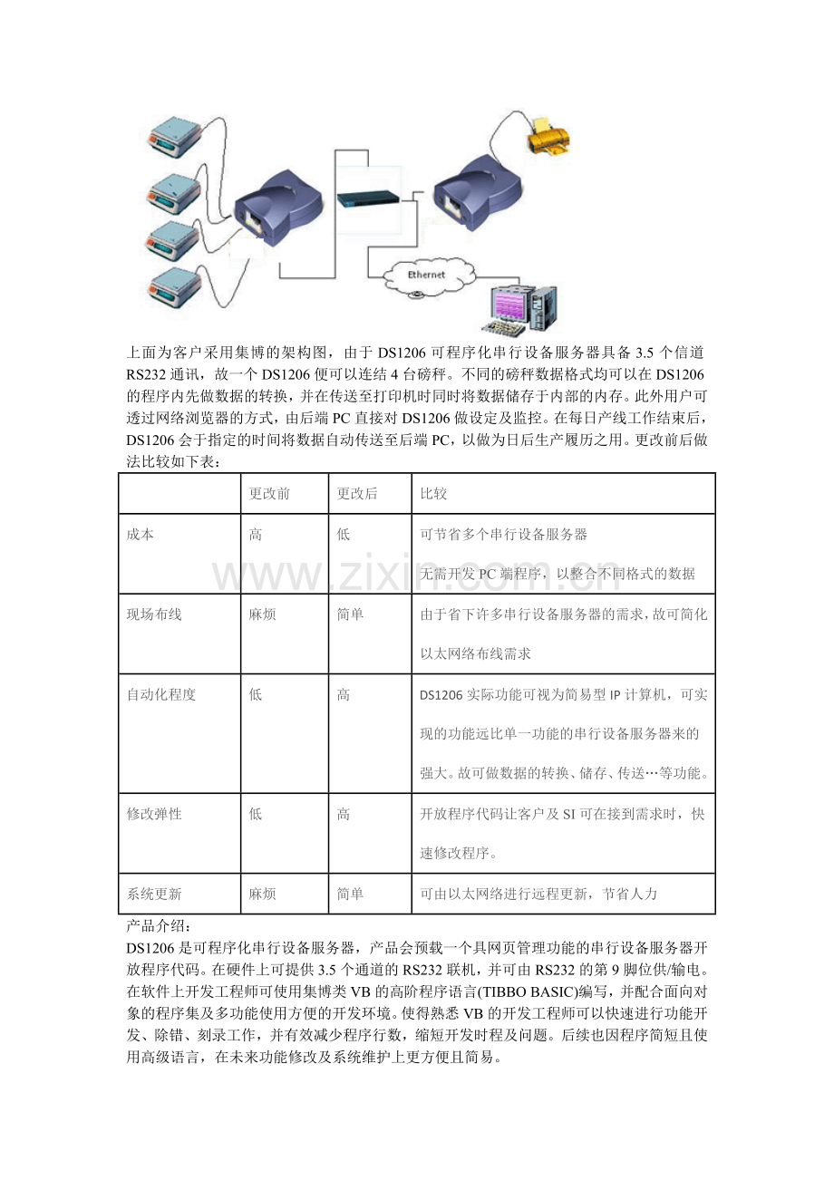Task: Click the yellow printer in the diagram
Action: click(x=547, y=137)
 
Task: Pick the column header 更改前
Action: click(x=269, y=494)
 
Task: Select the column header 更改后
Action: click(x=357, y=494)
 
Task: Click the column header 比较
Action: click(x=433, y=494)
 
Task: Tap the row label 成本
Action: click(x=141, y=535)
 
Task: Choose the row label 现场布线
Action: click(x=154, y=614)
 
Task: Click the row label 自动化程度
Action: click(x=161, y=695)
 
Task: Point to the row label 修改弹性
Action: click(x=154, y=814)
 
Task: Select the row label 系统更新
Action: click(x=154, y=894)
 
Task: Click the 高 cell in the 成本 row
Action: click(x=256, y=535)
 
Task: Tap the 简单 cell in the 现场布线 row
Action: click(x=350, y=614)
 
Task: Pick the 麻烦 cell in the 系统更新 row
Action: click(x=263, y=894)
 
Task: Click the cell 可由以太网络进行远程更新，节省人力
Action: click(x=538, y=894)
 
